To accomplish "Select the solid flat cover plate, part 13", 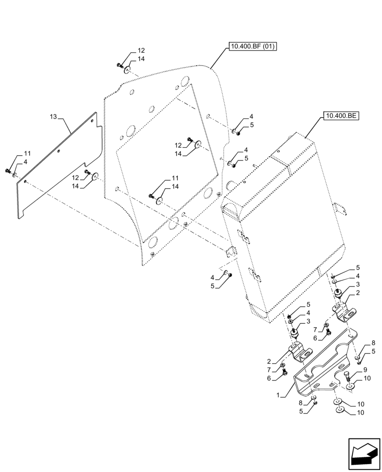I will [x=57, y=170].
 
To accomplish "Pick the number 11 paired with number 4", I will [x=27, y=153].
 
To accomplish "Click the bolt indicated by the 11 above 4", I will [x=8, y=171].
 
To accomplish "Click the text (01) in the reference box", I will [x=267, y=46].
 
